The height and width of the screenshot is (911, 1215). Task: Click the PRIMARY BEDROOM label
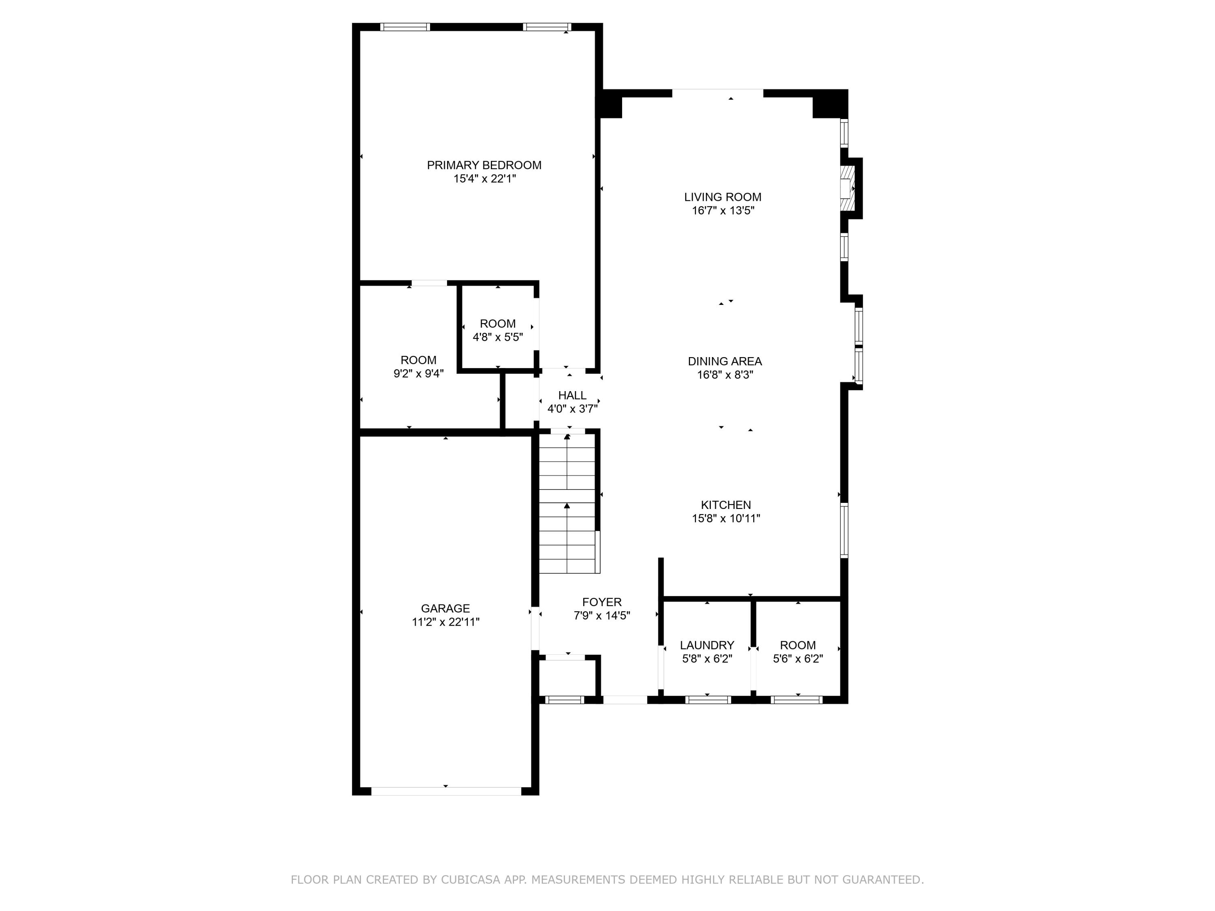coord(484,165)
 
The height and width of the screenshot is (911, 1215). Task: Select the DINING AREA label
coord(725,361)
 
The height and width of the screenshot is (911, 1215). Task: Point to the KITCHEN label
coord(726,504)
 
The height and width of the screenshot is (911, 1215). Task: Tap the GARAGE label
coord(445,609)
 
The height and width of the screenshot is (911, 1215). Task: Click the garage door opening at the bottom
coord(446,791)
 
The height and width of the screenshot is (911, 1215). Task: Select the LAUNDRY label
coord(707,645)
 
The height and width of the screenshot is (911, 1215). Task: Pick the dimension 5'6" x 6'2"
coord(797,659)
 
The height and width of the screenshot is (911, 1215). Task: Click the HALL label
coord(572,395)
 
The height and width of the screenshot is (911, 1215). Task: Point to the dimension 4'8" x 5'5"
coord(498,337)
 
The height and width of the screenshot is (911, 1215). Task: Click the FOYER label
coord(601,602)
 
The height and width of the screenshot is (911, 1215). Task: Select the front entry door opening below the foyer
coord(625,700)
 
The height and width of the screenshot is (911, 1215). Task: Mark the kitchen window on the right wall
coord(845,530)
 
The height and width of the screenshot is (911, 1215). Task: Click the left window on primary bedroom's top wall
coord(405,27)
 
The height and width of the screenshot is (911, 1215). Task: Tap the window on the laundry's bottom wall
coord(708,700)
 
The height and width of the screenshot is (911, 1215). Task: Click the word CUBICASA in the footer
coord(470,880)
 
